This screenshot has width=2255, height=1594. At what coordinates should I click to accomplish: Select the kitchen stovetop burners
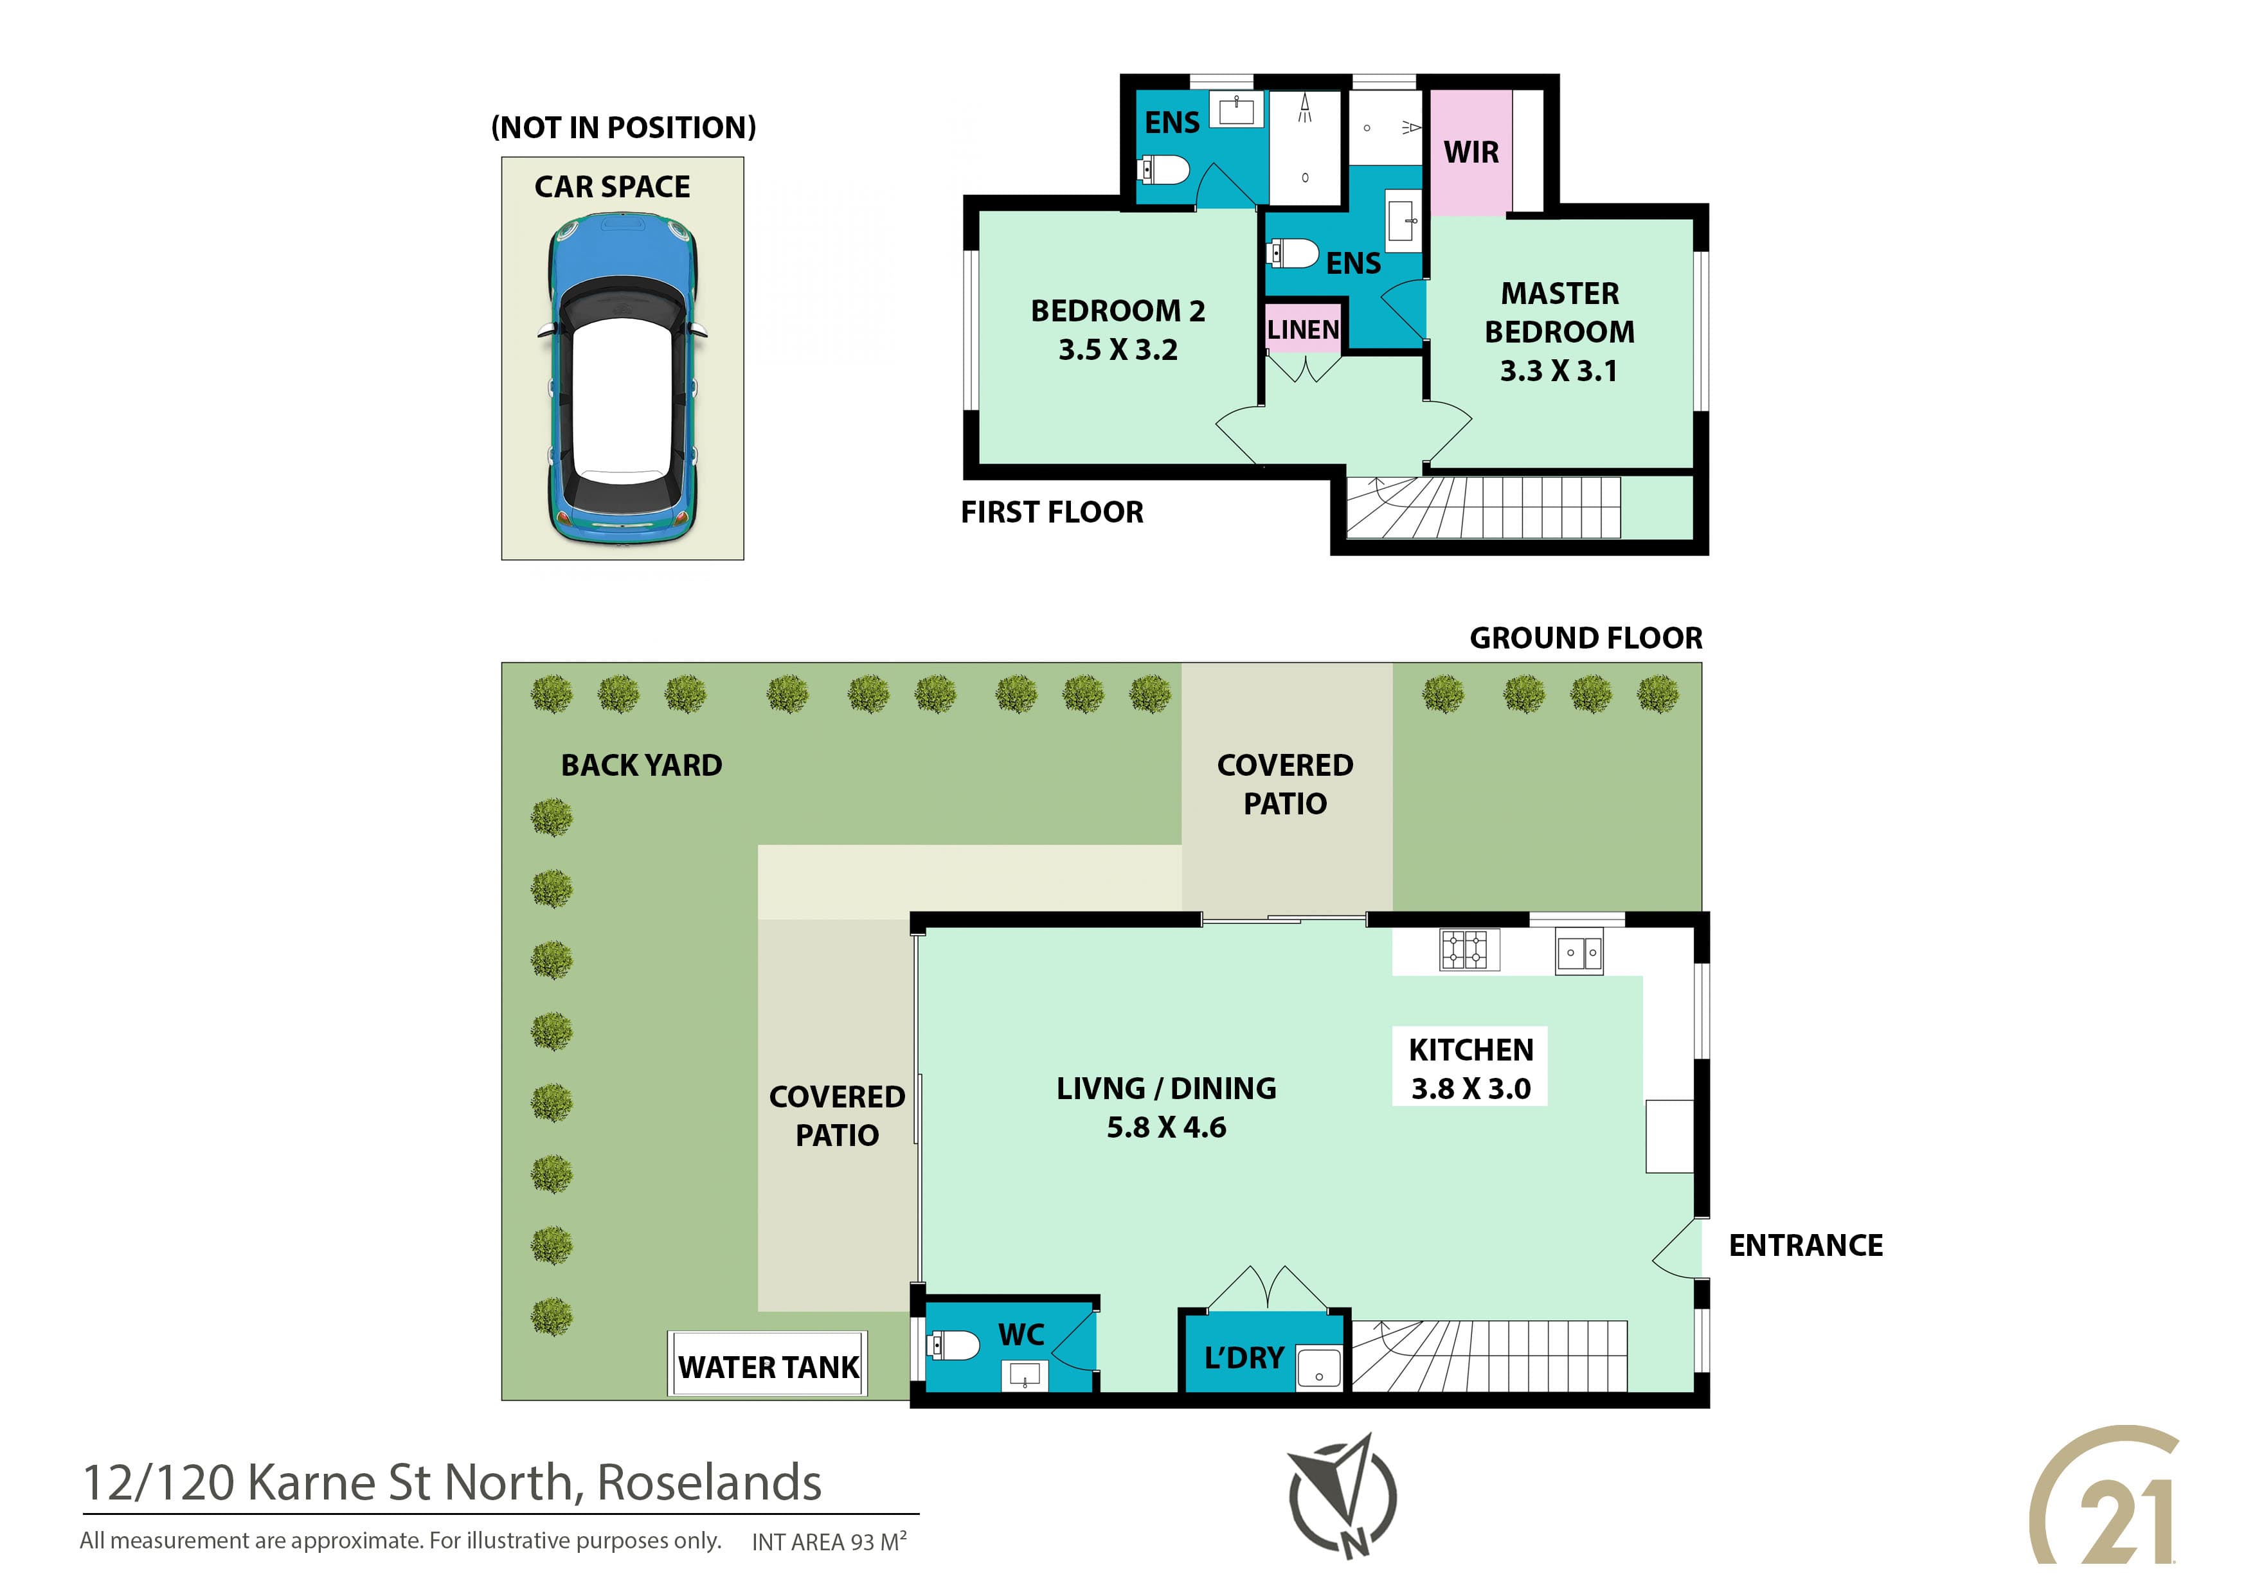1469,949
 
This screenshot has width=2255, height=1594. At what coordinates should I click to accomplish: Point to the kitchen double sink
1579,953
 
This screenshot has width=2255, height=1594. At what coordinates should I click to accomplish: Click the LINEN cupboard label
1302,330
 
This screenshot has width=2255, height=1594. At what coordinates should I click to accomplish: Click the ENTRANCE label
1805,1246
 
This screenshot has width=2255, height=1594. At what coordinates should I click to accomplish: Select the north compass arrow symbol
1343,1495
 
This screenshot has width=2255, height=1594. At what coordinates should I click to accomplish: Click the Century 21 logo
2105,1497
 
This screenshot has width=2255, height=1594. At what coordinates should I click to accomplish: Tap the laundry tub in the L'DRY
1318,1366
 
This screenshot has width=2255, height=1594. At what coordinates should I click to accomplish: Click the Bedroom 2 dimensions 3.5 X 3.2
1118,350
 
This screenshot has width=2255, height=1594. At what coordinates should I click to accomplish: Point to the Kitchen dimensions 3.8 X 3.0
1470,1088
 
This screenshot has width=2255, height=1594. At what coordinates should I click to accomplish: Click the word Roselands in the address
709,1483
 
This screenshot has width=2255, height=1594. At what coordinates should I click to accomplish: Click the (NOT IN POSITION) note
624,128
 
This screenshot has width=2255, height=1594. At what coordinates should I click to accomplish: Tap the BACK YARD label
642,765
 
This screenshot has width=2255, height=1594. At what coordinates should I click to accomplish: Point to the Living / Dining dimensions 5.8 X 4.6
1166,1127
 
